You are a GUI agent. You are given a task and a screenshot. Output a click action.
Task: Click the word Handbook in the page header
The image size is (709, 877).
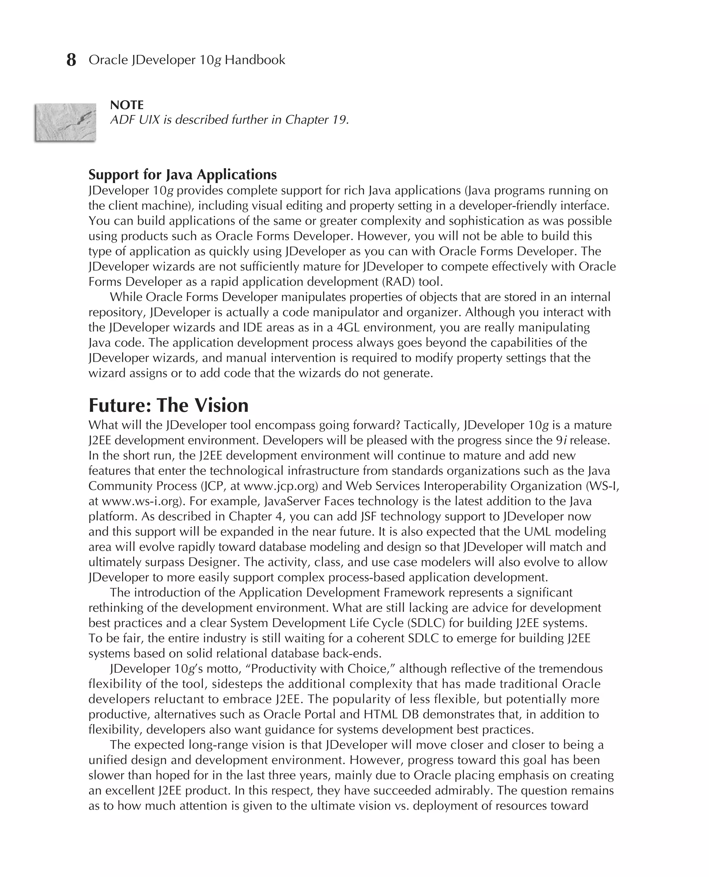255,60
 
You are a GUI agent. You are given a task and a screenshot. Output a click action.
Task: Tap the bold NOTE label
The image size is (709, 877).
127,105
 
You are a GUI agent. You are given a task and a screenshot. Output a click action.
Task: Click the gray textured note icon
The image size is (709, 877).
65,122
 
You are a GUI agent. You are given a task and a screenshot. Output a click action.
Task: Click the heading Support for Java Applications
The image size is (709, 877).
182,174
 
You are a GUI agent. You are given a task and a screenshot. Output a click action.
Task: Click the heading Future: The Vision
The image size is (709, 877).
168,405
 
